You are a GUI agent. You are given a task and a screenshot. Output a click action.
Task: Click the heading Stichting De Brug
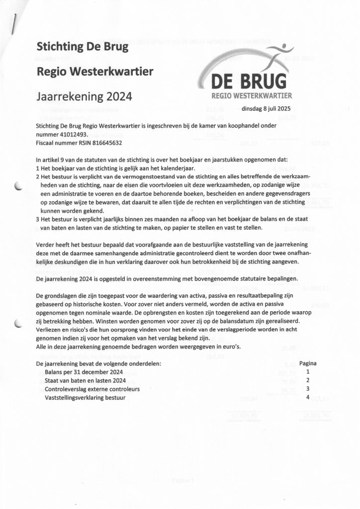[x=83, y=47]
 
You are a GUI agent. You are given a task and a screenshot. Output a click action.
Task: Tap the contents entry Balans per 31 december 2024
[x=84, y=372]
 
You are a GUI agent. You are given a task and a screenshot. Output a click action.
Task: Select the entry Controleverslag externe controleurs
[x=92, y=389]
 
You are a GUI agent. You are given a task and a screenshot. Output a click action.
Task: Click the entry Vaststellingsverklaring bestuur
[x=85, y=398]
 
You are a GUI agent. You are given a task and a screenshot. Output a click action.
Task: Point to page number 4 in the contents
[x=308, y=397]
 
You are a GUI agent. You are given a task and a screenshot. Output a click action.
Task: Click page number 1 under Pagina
[x=308, y=372]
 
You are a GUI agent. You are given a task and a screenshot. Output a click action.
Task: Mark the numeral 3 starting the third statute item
[x=38, y=219]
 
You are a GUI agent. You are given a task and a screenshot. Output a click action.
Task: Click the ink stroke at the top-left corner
[x=17, y=23]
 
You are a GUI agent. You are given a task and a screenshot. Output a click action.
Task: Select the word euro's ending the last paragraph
[x=231, y=346]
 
